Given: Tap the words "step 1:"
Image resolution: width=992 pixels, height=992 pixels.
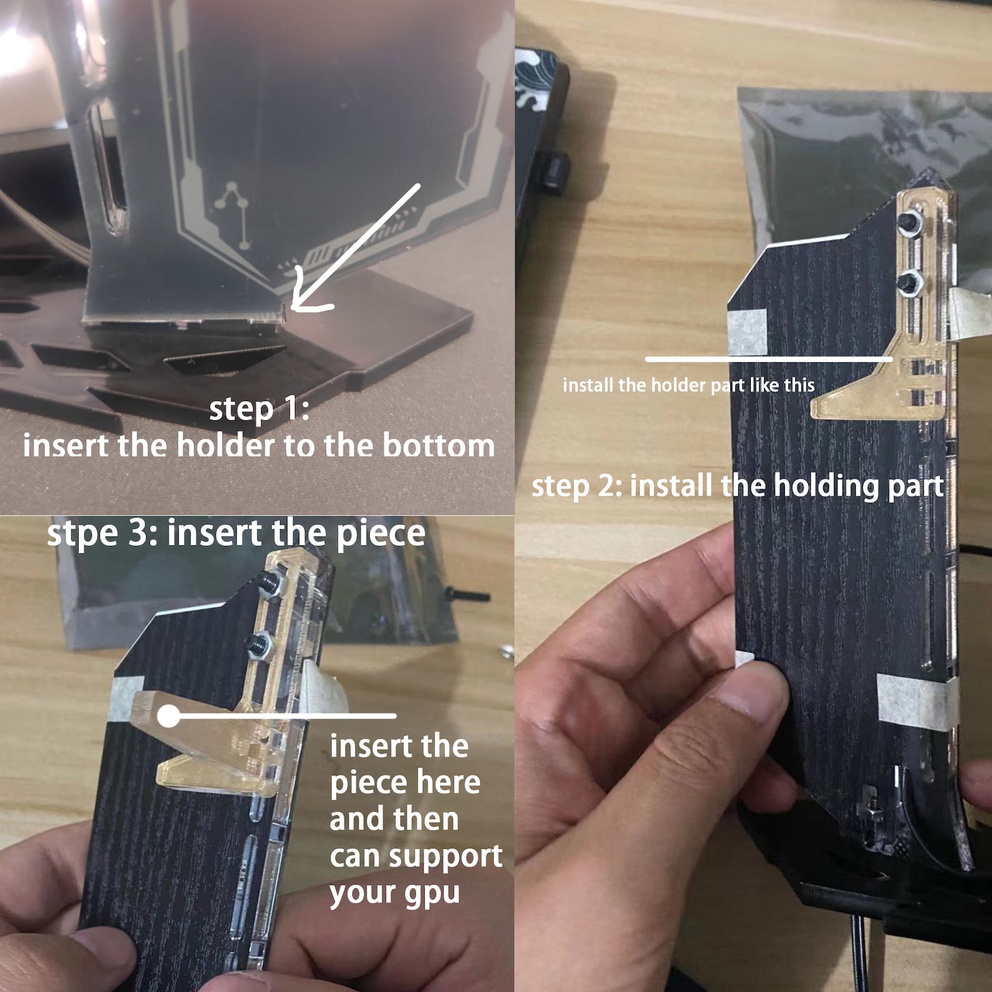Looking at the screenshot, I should coord(259,409).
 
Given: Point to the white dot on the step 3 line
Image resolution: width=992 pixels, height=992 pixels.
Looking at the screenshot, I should coord(168,716).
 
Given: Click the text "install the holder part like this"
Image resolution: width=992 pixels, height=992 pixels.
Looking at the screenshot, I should coord(688,385).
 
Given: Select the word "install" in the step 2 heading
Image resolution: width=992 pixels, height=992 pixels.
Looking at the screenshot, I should coord(671,486).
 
